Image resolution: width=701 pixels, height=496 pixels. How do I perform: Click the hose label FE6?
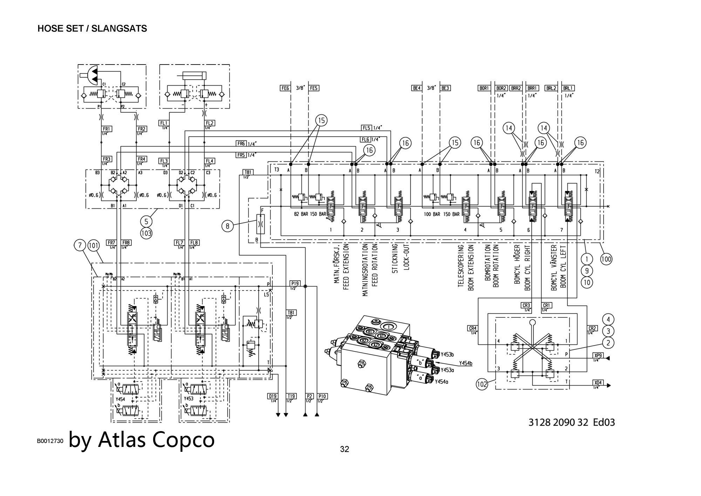point(285,88)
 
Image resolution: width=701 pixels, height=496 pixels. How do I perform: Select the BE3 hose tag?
point(445,88)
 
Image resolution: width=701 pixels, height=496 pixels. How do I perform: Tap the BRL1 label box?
point(568,88)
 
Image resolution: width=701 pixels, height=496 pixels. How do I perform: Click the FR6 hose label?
point(241,143)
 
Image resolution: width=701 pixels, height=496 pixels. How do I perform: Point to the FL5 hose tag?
point(366,128)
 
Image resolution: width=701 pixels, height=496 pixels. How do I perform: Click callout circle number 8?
point(227,226)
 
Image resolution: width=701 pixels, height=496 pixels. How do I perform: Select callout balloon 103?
point(146,233)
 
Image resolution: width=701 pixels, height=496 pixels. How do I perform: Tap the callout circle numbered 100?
point(606,259)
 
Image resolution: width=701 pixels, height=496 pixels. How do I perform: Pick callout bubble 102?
point(482,384)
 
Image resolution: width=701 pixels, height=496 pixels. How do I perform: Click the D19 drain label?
point(273,396)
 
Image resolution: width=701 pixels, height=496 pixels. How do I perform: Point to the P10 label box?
point(322,396)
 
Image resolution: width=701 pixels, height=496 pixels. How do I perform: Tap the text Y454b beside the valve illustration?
point(465,363)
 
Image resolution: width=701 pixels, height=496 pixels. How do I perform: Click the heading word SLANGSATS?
point(119,29)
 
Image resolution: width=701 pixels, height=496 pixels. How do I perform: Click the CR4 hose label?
point(472,328)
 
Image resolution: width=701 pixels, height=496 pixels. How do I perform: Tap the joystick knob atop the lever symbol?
point(532,322)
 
